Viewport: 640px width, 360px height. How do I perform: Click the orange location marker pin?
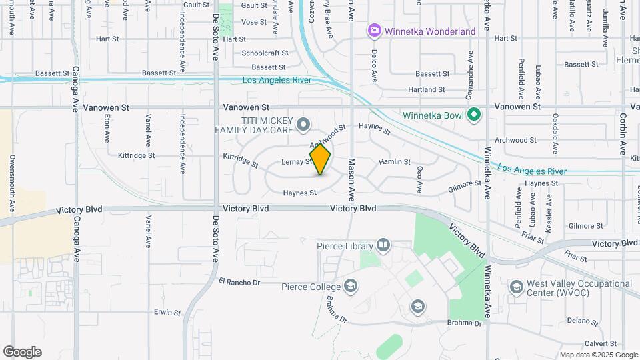coord(320,159)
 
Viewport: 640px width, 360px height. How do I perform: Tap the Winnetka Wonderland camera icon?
coord(374,31)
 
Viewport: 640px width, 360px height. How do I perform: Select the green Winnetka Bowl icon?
coord(473,115)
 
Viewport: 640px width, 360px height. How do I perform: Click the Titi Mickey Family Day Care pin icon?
coord(303,124)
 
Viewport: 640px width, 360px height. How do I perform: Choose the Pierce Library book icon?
coord(383,246)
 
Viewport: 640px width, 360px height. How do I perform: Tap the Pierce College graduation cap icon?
coord(350,287)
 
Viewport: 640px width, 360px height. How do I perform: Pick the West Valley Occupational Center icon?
coord(516,287)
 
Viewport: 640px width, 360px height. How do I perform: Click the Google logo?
coord(22,351)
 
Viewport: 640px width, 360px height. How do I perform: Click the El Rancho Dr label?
coord(239,282)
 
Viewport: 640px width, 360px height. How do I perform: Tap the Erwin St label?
coord(167,311)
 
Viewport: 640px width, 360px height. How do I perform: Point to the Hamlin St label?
coord(393,161)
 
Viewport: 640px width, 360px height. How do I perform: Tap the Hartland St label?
coord(426,89)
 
